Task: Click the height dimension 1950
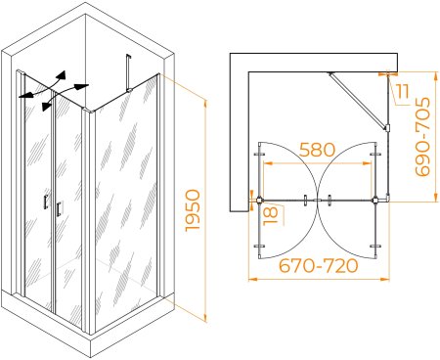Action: (x=193, y=210)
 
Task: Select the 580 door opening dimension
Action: (x=317, y=150)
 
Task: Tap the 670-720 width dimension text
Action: (x=319, y=266)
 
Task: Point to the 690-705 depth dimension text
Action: (x=422, y=137)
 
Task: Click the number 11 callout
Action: (x=403, y=91)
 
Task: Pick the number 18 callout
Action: (x=271, y=215)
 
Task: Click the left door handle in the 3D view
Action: (x=46, y=202)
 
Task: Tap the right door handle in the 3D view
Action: (x=59, y=209)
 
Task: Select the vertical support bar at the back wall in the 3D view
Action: (x=128, y=72)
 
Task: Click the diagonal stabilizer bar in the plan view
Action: (x=357, y=100)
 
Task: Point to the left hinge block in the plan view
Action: (x=259, y=200)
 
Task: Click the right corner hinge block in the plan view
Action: (x=375, y=200)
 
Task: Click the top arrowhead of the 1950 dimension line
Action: (x=205, y=105)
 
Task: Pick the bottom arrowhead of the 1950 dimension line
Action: (x=205, y=317)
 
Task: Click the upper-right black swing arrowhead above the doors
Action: (x=62, y=75)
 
